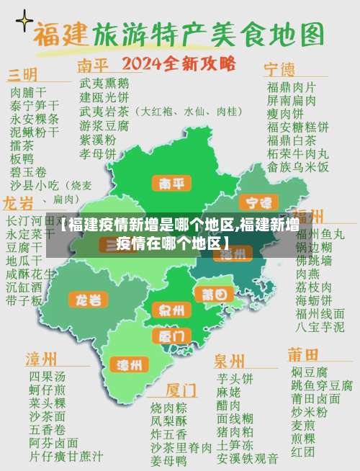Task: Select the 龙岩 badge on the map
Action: (89, 298)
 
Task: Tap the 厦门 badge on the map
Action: (171, 336)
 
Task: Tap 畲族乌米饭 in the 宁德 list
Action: (298, 166)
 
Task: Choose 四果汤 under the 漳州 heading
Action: (47, 377)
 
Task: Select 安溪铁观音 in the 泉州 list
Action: (247, 457)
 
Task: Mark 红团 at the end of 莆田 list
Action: (302, 452)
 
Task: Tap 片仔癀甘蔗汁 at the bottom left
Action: (66, 457)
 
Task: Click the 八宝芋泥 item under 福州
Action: (320, 326)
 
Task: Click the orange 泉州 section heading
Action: (229, 359)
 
